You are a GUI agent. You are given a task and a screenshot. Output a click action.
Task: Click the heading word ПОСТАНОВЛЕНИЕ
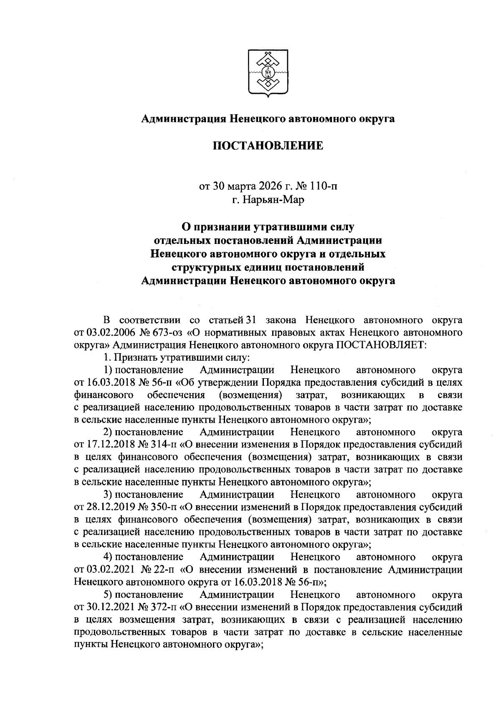pyautogui.click(x=268, y=146)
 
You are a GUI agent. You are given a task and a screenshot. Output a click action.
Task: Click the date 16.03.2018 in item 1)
pyautogui.click(x=107, y=382)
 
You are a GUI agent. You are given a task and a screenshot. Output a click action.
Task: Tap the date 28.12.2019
pyautogui.click(x=107, y=507)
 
